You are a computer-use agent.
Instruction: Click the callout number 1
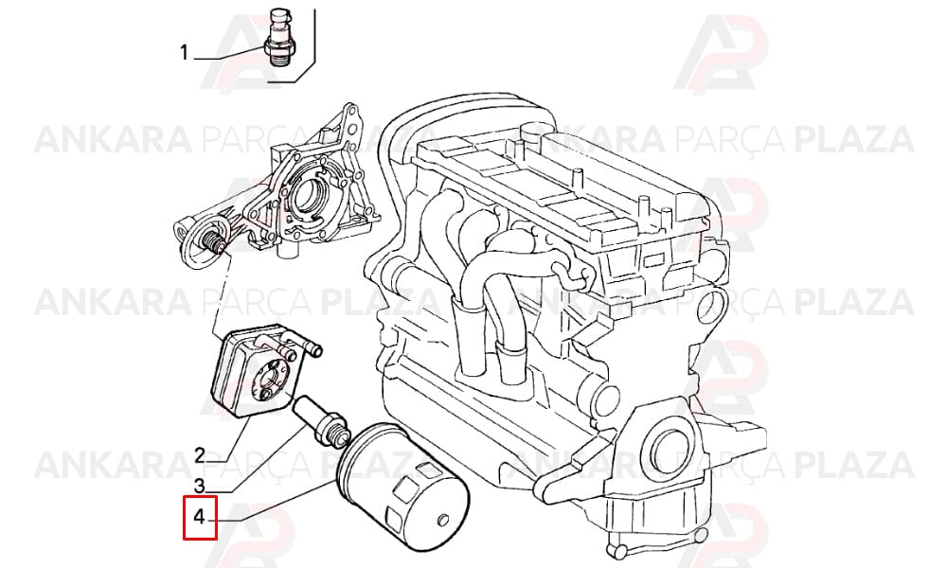tap(185, 53)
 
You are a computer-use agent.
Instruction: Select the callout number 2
tap(200, 453)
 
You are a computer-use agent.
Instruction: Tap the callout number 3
tap(200, 485)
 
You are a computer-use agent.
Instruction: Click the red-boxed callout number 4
tap(200, 517)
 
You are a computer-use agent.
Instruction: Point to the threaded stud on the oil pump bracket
tap(214, 241)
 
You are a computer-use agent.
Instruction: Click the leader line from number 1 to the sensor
tap(230, 52)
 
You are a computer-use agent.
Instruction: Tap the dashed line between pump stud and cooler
tap(223, 293)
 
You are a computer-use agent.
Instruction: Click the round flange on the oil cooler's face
tap(272, 379)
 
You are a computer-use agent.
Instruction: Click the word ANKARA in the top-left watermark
tap(113, 139)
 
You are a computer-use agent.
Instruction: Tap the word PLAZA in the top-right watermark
tap(854, 139)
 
